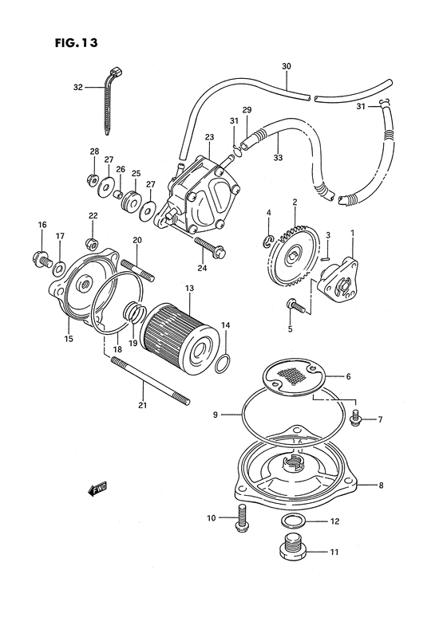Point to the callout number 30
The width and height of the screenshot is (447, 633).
pyautogui.click(x=287, y=66)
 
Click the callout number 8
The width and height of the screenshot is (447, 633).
pyautogui.click(x=381, y=485)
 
